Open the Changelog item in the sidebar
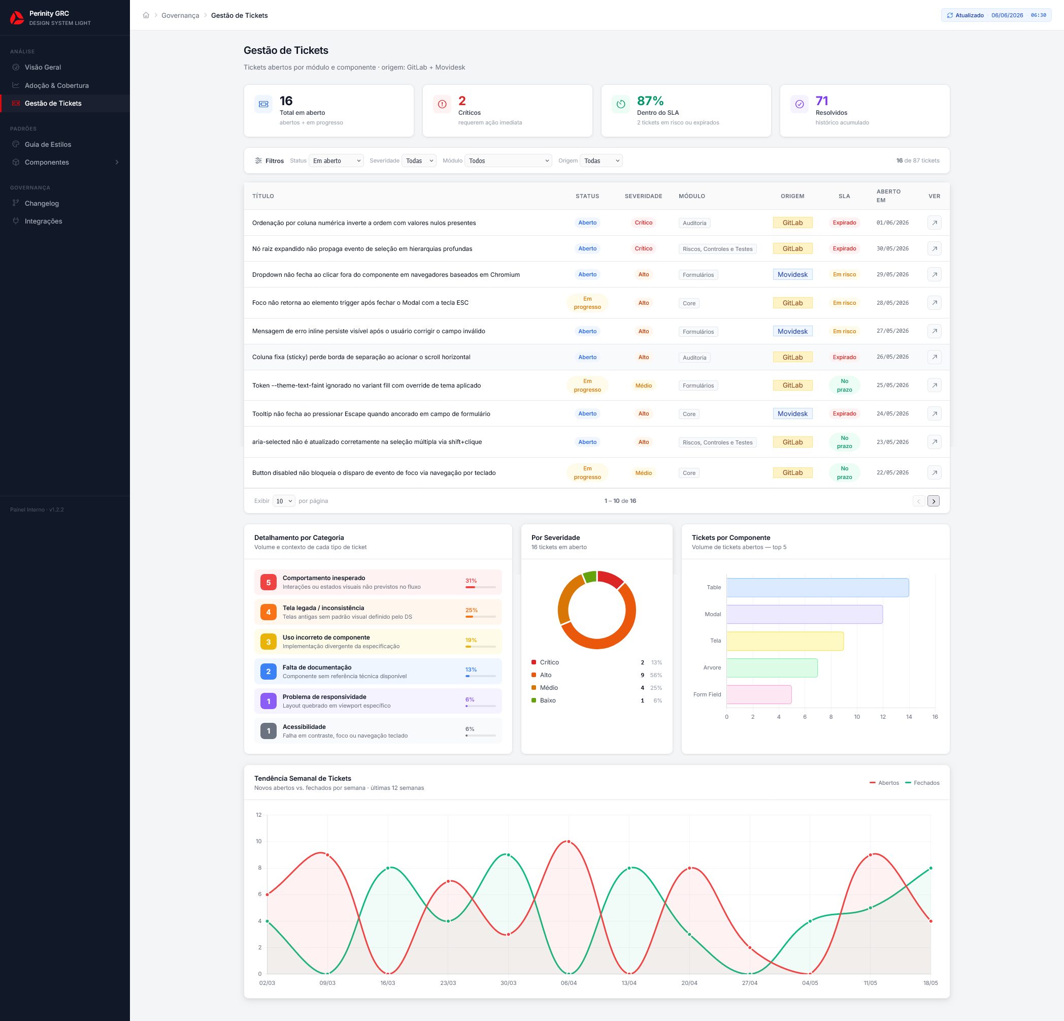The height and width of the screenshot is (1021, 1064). [42, 203]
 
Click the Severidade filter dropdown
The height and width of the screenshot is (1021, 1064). [418, 161]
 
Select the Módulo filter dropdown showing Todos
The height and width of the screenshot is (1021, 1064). [508, 161]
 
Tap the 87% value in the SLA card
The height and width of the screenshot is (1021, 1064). [650, 101]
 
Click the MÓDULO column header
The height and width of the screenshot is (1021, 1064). [691, 196]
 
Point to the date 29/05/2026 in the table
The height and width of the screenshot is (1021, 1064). [892, 275]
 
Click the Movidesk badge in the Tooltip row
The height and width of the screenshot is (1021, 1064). [792, 414]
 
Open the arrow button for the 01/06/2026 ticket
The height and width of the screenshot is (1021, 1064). [934, 222]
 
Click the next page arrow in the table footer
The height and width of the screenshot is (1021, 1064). [934, 501]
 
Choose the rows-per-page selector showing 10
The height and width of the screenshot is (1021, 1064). [284, 501]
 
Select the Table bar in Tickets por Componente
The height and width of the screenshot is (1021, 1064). [817, 588]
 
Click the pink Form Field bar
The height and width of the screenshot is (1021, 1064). [759, 694]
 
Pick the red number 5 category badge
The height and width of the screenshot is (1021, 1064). [268, 582]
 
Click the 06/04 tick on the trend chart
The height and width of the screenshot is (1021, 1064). [569, 983]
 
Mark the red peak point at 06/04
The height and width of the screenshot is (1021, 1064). [569, 842]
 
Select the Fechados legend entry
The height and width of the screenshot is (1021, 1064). [922, 783]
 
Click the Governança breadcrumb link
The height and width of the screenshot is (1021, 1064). [180, 15]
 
